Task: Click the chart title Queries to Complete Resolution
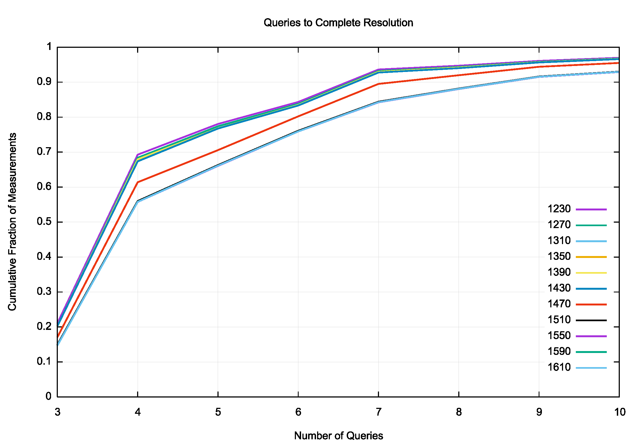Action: tap(338, 23)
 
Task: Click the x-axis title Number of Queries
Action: tap(339, 436)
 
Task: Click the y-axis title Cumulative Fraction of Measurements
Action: tap(12, 222)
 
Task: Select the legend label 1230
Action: tap(559, 209)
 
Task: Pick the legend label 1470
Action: tap(559, 304)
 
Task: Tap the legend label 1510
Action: tap(559, 320)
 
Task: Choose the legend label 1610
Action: tap(559, 367)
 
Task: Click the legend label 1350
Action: tap(559, 256)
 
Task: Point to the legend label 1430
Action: tap(559, 288)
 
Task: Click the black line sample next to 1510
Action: tap(591, 320)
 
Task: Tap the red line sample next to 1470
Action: tap(591, 305)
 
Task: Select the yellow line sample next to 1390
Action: tap(591, 273)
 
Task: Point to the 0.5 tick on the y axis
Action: tap(44, 222)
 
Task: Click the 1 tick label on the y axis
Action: tap(49, 47)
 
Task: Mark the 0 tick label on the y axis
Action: tap(49, 396)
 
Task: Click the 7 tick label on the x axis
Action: tap(378, 412)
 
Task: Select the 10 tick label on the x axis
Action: tap(619, 412)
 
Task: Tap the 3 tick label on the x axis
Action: tap(57, 412)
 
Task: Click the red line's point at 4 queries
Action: tap(138, 182)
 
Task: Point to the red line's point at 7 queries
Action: tap(378, 84)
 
